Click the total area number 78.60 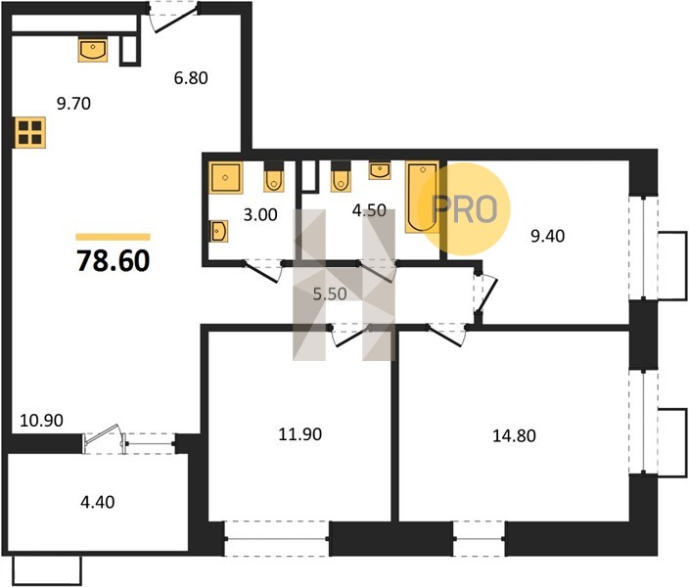pyautogui.click(x=114, y=260)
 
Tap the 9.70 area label pyautogui.click(x=73, y=104)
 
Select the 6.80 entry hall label pyautogui.click(x=191, y=78)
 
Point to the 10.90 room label pyautogui.click(x=42, y=421)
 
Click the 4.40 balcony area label pyautogui.click(x=98, y=502)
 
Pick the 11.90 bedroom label pyautogui.click(x=300, y=434)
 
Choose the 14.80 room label pyautogui.click(x=514, y=436)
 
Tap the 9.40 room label pyautogui.click(x=547, y=237)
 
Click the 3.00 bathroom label pyautogui.click(x=260, y=215)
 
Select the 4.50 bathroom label pyautogui.click(x=369, y=210)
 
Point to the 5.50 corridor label pyautogui.click(x=330, y=293)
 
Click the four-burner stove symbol pyautogui.click(x=30, y=133)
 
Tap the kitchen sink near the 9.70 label pyautogui.click(x=93, y=50)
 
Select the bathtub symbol pyautogui.click(x=422, y=198)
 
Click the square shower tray pyautogui.click(x=226, y=178)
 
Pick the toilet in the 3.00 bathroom pyautogui.click(x=274, y=177)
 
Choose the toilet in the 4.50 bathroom pyautogui.click(x=341, y=177)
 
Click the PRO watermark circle pyautogui.click(x=464, y=208)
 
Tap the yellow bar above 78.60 pyautogui.click(x=113, y=238)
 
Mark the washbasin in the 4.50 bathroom pyautogui.click(x=380, y=170)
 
